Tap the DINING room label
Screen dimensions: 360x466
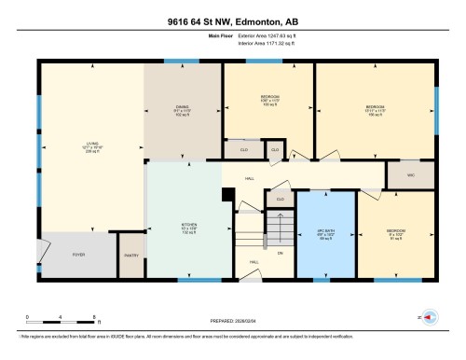coord(183,110)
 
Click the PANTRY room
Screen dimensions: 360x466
coord(130,264)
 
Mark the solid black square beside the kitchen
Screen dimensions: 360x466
coord(226,194)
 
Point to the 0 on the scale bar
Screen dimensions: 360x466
coord(28,317)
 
